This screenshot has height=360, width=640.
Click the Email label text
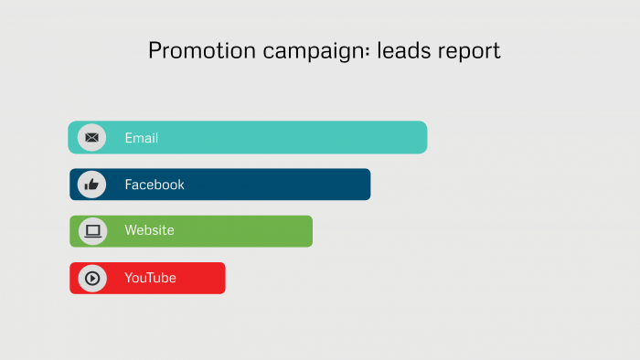click(142, 138)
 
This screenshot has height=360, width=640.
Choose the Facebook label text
click(155, 185)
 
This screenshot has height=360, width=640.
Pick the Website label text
click(149, 230)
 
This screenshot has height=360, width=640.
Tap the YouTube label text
click(150, 278)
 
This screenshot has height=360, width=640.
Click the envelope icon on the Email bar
click(91, 138)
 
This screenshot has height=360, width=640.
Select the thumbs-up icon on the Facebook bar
click(91, 185)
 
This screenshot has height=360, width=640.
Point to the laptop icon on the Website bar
click(92, 231)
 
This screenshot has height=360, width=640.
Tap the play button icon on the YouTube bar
click(91, 278)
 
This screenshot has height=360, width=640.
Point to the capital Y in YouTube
click(129, 278)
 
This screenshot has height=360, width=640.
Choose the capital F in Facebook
click(129, 185)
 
